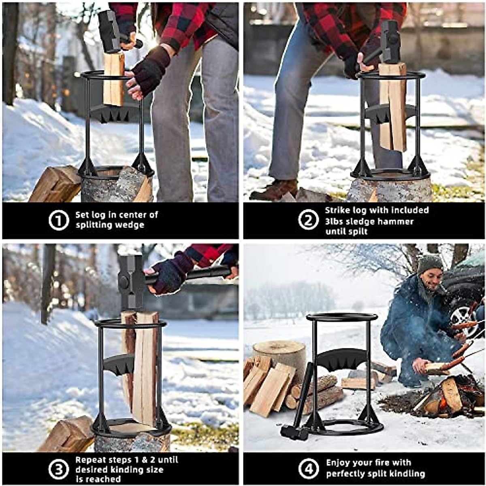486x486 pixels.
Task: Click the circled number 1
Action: [x=59, y=220]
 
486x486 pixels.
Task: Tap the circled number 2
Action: [x=308, y=220]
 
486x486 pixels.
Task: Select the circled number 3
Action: [x=59, y=469]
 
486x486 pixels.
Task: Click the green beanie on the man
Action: [x=430, y=263]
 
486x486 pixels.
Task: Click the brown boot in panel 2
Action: [x=274, y=189]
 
